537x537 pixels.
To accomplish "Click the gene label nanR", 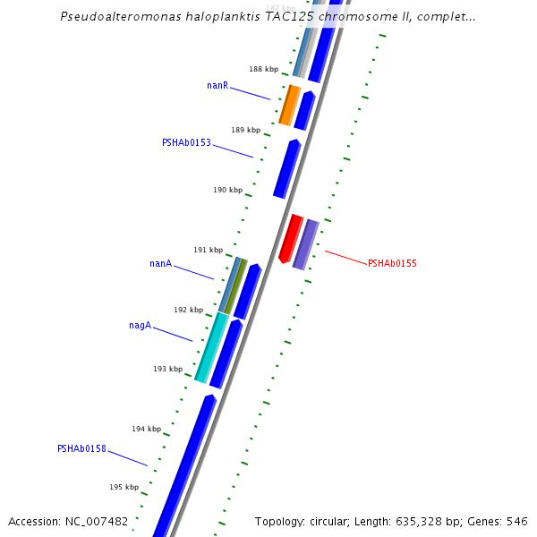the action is click(217, 86).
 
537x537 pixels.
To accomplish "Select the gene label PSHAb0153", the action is click(186, 142).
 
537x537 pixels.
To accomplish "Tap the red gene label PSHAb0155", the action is click(392, 263).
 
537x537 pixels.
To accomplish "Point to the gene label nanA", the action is click(160, 264).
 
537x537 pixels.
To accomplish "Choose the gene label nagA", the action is click(140, 326).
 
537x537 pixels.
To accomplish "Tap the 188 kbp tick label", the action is click(263, 69).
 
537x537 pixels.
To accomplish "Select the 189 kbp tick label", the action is click(245, 130).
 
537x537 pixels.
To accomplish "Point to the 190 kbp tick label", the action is click(227, 190).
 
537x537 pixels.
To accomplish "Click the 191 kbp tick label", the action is click(208, 250).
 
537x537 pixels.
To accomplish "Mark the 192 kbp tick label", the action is click(188, 310).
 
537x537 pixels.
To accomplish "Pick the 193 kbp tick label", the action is click(167, 369).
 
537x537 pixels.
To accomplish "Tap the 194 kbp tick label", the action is click(147, 429).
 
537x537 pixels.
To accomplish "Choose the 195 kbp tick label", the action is click(124, 487).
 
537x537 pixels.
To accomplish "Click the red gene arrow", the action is click(291, 238).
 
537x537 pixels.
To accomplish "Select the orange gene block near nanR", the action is click(289, 106).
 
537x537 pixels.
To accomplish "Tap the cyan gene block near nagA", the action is click(211, 347).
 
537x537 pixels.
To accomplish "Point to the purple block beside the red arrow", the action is click(306, 244).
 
